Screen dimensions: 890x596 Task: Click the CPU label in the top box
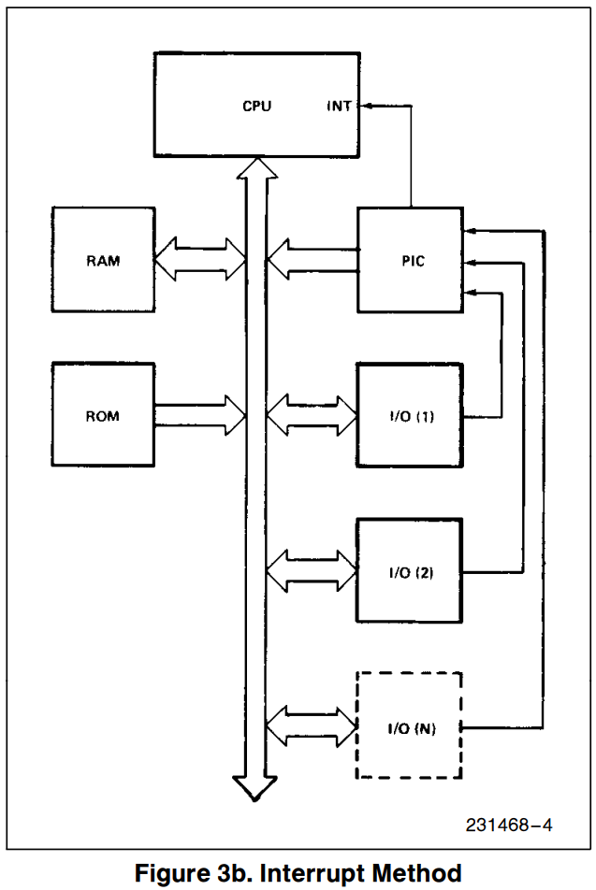[x=256, y=106]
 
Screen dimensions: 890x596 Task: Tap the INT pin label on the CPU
[x=339, y=106]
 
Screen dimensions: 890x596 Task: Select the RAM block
[x=103, y=260]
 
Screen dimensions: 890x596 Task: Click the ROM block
[x=103, y=415]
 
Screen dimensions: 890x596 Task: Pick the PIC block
[x=411, y=260]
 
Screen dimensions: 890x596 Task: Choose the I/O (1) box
[x=411, y=415]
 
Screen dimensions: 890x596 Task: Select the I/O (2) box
[x=411, y=571]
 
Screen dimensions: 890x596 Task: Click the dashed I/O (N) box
[x=411, y=726]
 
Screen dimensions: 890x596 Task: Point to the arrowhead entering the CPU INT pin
[x=363, y=106]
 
